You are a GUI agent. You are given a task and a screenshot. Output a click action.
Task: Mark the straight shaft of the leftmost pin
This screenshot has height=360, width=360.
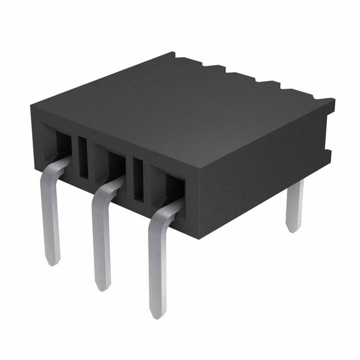pos(51,219)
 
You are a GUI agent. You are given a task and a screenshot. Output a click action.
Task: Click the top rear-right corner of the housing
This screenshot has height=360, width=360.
pos(334,101)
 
